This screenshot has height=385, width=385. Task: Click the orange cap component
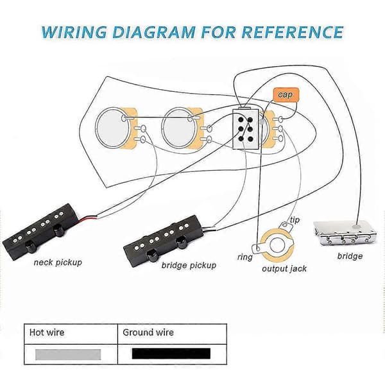click(286, 95)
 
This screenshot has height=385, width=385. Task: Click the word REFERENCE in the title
click(292, 32)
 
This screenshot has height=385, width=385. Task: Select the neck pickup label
click(58, 262)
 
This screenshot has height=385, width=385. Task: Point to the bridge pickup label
click(189, 266)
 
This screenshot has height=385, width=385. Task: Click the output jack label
click(284, 269)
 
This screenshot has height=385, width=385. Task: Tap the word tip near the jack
click(295, 219)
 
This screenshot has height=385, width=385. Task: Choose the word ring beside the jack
click(245, 257)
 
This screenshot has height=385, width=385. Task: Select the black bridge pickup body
click(164, 239)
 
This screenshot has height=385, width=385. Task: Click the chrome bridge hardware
click(344, 233)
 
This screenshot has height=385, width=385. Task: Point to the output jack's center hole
click(277, 245)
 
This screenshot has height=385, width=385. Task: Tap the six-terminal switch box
click(246, 129)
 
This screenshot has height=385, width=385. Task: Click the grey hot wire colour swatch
click(68, 354)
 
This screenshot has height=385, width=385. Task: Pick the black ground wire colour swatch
click(171, 354)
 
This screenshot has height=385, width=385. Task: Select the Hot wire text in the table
click(47, 332)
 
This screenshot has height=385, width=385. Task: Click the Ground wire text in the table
click(148, 332)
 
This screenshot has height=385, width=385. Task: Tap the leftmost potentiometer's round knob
click(113, 128)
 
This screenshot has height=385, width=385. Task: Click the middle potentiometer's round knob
click(179, 128)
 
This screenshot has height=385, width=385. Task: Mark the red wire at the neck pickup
click(88, 218)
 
